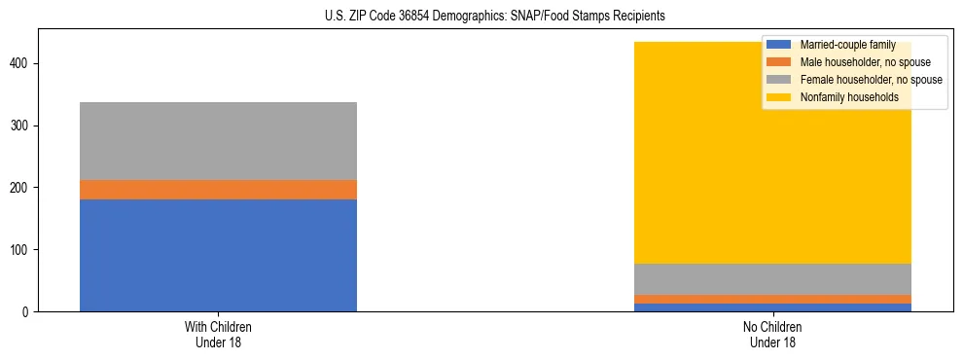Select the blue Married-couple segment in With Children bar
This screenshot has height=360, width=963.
[x=218, y=255]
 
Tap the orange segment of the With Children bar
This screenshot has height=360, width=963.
[x=218, y=190]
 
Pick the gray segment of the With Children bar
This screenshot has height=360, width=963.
[x=218, y=141]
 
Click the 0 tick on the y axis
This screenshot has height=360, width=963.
[x=27, y=312]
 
